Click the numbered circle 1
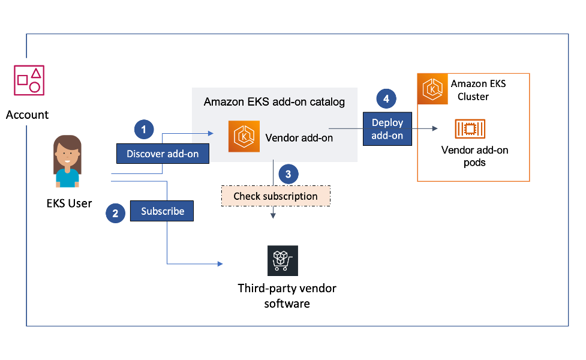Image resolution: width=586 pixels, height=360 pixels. pos(143,129)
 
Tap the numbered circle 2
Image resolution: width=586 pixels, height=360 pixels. pos(115,212)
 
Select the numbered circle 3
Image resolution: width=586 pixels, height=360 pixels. pos(289,175)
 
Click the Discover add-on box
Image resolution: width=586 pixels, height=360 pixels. pos(163,154)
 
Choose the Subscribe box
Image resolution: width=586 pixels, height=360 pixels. pos(162,211)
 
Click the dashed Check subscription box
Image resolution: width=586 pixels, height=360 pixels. pos(275,196)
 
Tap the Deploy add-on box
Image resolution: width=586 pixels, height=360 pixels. pos(387,128)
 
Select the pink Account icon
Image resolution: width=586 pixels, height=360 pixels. pos(29,80)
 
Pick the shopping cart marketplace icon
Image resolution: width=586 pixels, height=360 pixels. pos(283,260)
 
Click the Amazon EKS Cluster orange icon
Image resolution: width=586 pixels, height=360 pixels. pos(432,88)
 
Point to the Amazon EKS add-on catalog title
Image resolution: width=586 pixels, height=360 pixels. pos(274,102)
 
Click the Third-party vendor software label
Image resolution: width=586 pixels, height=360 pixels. pos(287,296)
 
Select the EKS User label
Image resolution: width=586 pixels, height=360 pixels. pos(69,203)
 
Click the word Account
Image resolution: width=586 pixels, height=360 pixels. pos(28,115)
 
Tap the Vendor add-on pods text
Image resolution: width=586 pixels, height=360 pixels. pos(474,156)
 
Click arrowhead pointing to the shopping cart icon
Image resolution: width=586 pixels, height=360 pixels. pos(220,264)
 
